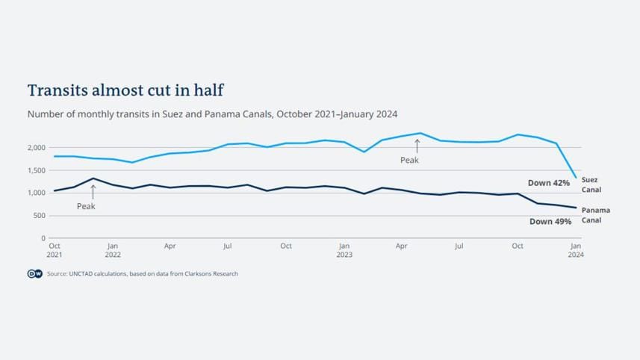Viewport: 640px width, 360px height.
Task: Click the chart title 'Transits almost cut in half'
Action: pyautogui.click(x=125, y=90)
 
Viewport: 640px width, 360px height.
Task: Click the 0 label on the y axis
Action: pyautogui.click(x=43, y=238)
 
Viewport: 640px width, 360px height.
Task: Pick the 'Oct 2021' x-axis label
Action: pyautogui.click(x=55, y=249)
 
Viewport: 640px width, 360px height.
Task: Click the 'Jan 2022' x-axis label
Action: pyautogui.click(x=112, y=249)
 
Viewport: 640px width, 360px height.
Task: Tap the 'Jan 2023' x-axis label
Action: pyautogui.click(x=344, y=249)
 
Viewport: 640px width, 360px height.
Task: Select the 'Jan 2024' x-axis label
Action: pyautogui.click(x=575, y=249)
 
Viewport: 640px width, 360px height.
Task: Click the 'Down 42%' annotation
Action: pyautogui.click(x=549, y=183)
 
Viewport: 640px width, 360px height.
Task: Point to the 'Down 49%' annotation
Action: pyautogui.click(x=550, y=221)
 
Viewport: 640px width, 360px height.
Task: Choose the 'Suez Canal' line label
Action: pyautogui.click(x=591, y=184)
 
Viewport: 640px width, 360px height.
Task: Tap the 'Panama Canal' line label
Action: pyautogui.click(x=595, y=215)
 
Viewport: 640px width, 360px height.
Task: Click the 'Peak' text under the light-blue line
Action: pyautogui.click(x=409, y=160)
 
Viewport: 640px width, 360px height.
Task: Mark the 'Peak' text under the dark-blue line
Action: pyautogui.click(x=86, y=206)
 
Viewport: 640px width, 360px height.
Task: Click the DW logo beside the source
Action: pyautogui.click(x=34, y=274)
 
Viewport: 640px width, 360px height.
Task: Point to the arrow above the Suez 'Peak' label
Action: pyautogui.click(x=417, y=145)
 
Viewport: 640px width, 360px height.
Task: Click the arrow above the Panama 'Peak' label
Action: pyautogui.click(x=93, y=191)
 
